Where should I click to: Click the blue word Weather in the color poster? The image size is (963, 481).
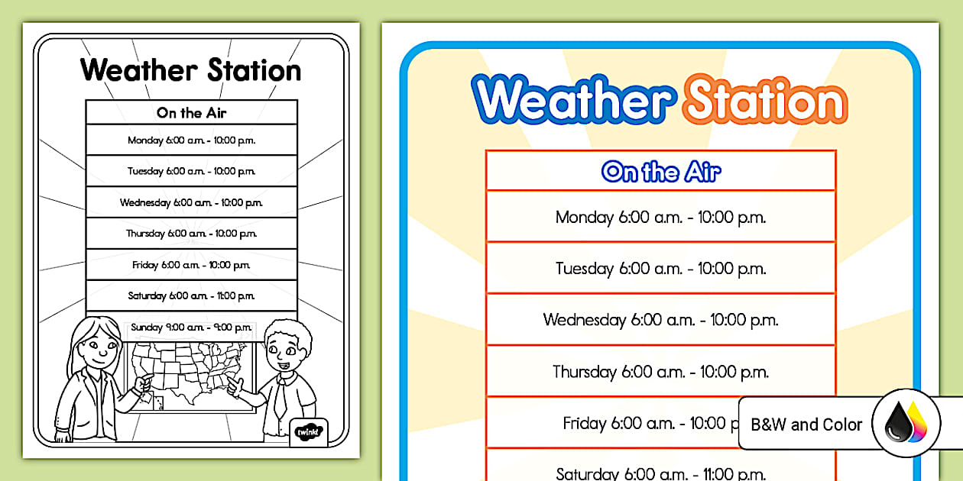573,99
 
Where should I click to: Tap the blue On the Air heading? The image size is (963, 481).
661,171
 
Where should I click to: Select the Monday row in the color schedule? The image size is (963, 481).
660,217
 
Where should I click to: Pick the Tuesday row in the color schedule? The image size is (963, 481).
660,268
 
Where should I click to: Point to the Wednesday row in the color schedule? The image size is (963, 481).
660,320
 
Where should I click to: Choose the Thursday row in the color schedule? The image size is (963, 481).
660,372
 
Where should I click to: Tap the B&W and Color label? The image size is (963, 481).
806,425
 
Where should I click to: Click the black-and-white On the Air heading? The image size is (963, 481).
191,113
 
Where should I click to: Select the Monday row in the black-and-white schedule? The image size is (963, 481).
191,140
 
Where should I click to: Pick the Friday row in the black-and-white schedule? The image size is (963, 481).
191,265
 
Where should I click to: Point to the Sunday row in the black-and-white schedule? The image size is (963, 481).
191,327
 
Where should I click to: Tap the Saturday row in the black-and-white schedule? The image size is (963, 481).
191,295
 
